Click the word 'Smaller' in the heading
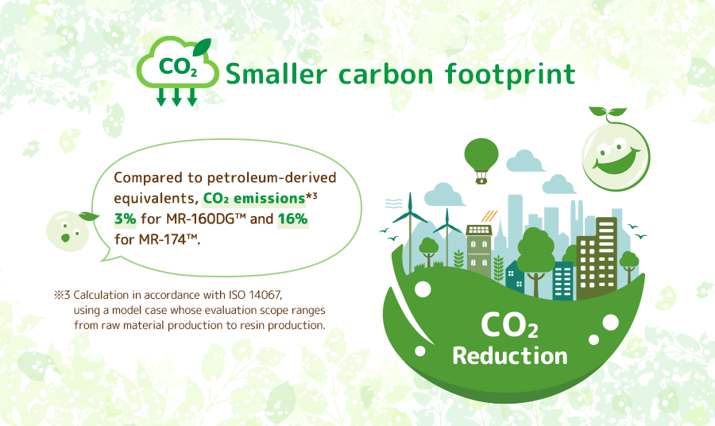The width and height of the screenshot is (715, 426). click(x=276, y=73)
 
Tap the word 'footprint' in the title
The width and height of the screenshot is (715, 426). click(x=510, y=75)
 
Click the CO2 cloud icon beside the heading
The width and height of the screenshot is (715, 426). click(x=177, y=72)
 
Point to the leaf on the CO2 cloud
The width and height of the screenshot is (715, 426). click(x=202, y=46)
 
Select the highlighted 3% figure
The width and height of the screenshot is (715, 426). click(x=125, y=219)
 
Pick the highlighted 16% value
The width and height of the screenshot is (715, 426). click(x=292, y=219)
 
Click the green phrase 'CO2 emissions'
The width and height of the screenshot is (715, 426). click(x=254, y=199)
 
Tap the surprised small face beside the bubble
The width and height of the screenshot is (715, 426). click(x=69, y=230)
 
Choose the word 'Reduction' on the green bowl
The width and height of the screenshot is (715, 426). click(x=510, y=356)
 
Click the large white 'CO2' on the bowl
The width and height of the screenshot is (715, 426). click(x=509, y=325)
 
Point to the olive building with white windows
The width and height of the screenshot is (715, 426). click(x=597, y=258)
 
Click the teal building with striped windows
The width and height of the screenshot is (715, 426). click(x=563, y=281)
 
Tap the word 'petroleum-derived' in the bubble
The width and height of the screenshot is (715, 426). click(x=272, y=177)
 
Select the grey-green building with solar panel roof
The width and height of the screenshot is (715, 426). click(x=479, y=251)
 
